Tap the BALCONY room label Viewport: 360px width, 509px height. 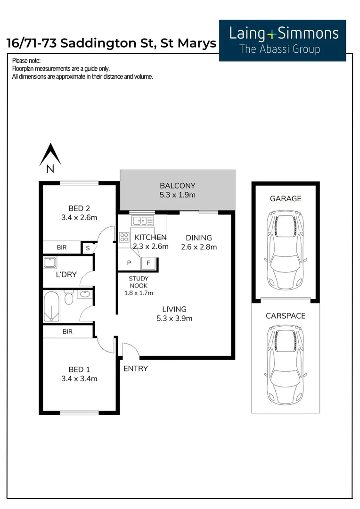[177, 186]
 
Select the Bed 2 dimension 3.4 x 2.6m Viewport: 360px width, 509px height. [79, 217]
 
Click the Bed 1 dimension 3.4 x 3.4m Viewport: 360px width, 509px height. [79, 378]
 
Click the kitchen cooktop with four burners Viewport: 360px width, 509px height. [124, 238]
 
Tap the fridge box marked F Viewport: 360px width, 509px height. [148, 263]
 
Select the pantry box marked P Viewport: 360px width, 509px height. [129, 263]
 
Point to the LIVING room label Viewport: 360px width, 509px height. [174, 309]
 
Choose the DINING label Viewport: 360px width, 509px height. [198, 238]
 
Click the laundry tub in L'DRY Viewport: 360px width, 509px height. [50, 263]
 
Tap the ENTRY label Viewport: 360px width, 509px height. [136, 369]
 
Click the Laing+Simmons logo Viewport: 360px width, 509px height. [283, 40]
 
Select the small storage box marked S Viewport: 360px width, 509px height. [87, 248]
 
